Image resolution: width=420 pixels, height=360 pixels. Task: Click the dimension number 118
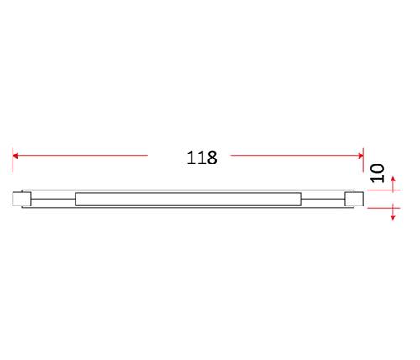point(202,158)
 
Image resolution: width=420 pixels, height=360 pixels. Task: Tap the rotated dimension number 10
point(378,173)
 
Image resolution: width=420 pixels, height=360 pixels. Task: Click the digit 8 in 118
point(212,158)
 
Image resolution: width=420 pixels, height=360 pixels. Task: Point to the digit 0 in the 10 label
point(378,169)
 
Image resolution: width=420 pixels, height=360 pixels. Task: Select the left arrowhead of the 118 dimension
point(15,155)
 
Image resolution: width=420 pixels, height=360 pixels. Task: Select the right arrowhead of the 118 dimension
point(360,155)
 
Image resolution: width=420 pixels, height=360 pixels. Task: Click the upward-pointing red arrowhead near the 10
point(393,179)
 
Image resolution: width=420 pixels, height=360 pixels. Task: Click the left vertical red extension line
point(13,159)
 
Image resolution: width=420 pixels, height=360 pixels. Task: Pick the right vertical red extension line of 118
point(363,159)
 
